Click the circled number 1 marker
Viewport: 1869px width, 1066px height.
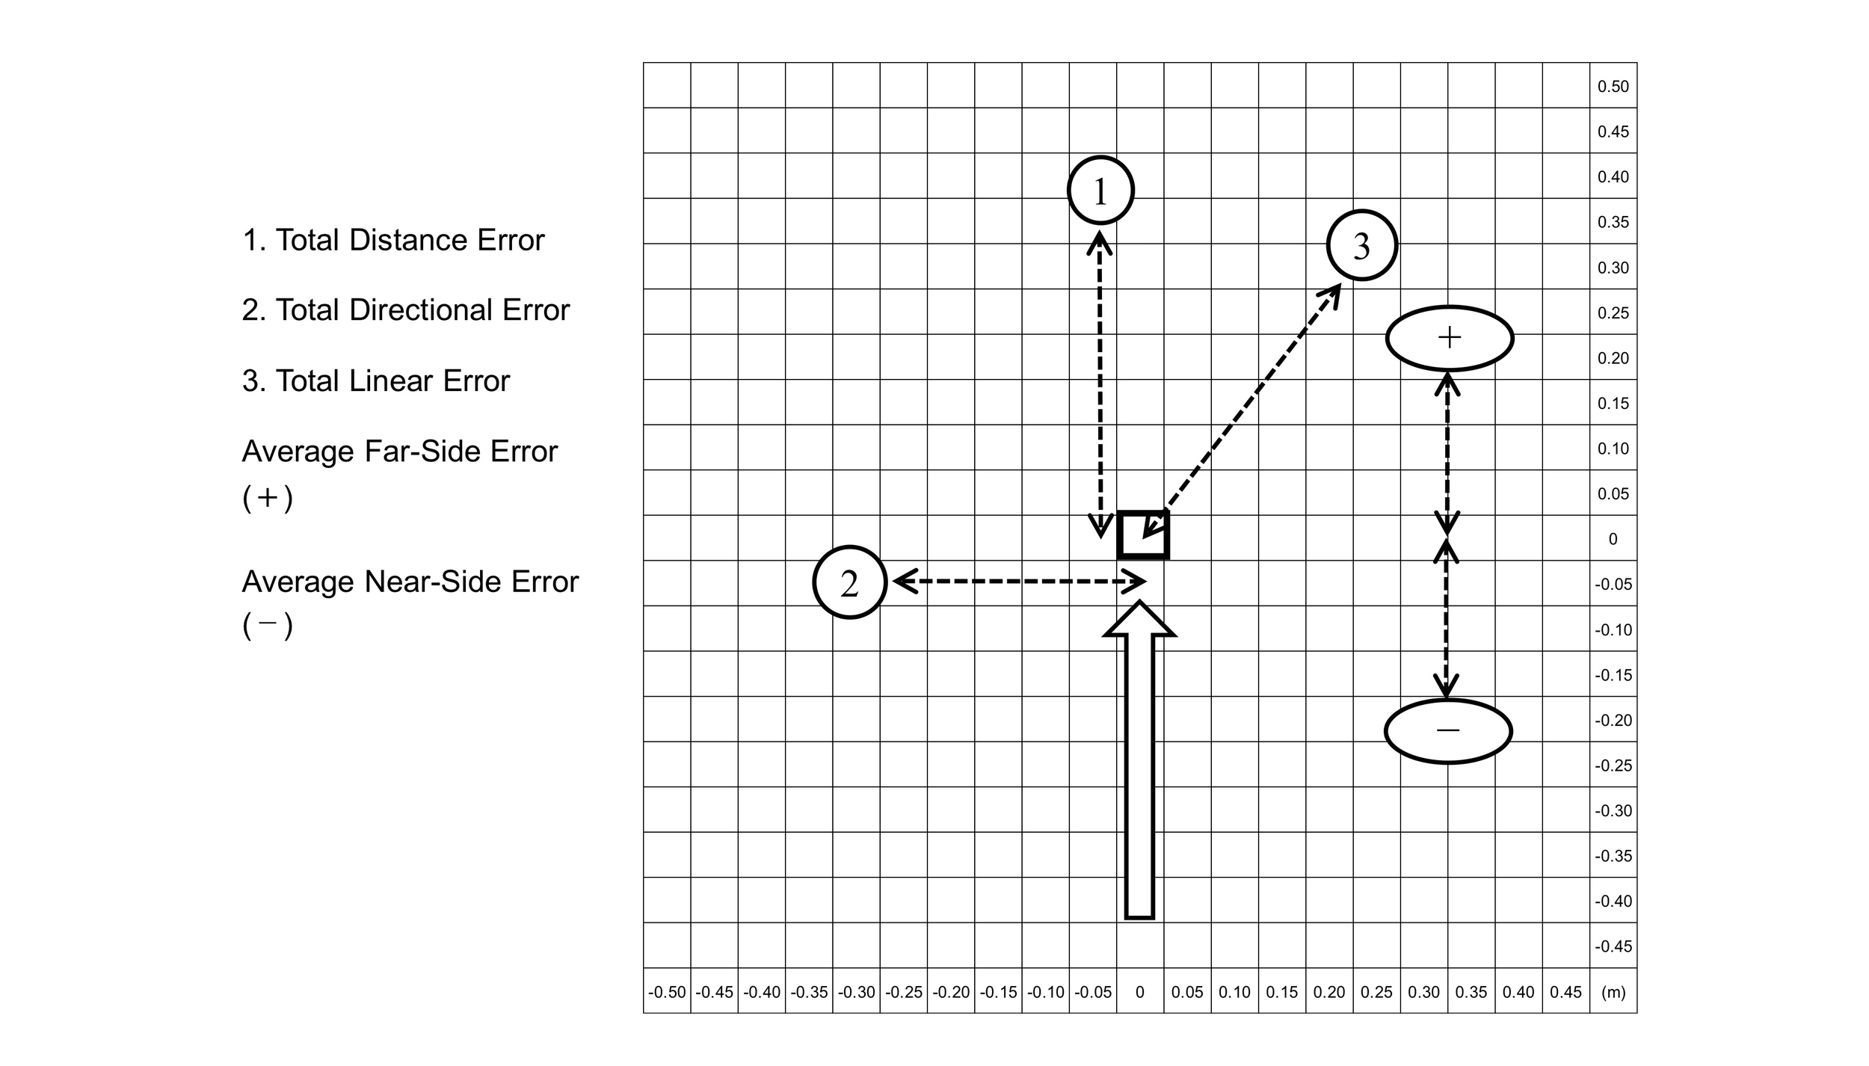pyautogui.click(x=1100, y=191)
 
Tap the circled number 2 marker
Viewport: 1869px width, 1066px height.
pyautogui.click(x=849, y=582)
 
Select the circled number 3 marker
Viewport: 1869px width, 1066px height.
pyautogui.click(x=1361, y=245)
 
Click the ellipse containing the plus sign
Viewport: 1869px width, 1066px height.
pyautogui.click(x=1449, y=338)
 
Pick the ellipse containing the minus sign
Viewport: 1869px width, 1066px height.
pyautogui.click(x=1448, y=730)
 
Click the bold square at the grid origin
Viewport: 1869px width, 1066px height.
pyautogui.click(x=1142, y=535)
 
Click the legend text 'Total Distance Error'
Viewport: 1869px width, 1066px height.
pyautogui.click(x=393, y=240)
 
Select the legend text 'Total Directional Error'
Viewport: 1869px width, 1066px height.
pyautogui.click(x=405, y=310)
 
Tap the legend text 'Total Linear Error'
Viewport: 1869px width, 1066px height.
pyautogui.click(x=375, y=381)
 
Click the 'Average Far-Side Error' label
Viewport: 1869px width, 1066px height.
pyautogui.click(x=399, y=452)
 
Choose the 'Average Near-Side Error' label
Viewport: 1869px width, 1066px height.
pyautogui.click(x=410, y=582)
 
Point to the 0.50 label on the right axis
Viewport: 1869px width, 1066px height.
pyautogui.click(x=1613, y=87)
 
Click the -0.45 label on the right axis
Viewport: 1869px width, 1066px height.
pyautogui.click(x=1613, y=946)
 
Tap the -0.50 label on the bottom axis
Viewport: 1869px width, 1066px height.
pyautogui.click(x=666, y=992)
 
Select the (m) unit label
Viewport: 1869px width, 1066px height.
pyautogui.click(x=1613, y=992)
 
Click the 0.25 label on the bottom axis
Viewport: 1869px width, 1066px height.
pyautogui.click(x=1376, y=992)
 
